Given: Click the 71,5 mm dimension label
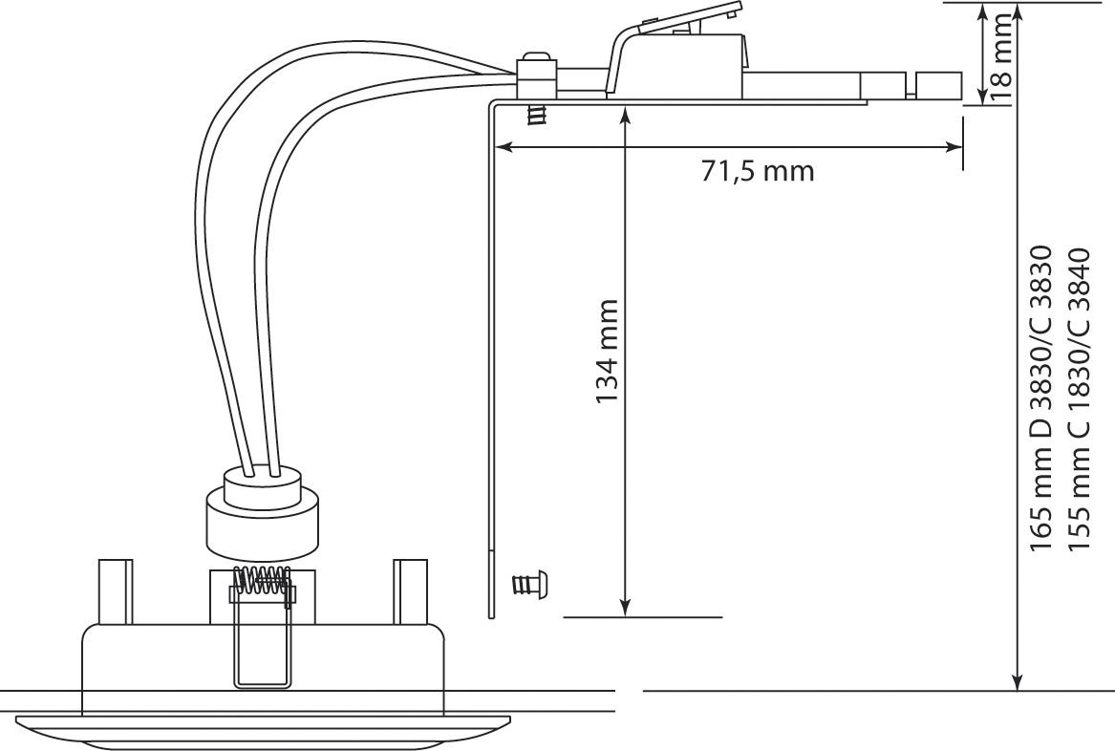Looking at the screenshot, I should [x=758, y=172].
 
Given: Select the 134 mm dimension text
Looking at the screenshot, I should [x=607, y=352].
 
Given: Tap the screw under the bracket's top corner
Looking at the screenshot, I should [x=537, y=115].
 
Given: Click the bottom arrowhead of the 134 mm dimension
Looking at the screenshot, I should [x=625, y=608].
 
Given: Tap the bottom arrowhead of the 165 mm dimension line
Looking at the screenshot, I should [x=1017, y=680].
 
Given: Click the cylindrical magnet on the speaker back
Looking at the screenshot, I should [x=262, y=525].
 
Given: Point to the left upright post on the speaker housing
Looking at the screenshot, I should [x=114, y=591].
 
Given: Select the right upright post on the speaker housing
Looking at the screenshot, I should [x=411, y=591].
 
